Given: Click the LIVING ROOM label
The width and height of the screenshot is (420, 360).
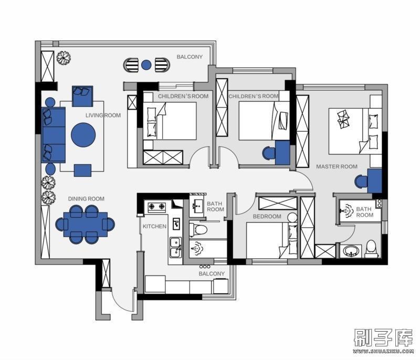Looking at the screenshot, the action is (x=103, y=115).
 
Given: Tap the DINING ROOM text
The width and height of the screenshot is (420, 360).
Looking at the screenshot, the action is (x=86, y=199).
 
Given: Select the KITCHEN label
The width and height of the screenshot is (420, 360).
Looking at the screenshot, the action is (x=154, y=226).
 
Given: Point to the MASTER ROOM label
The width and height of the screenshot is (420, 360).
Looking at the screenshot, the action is (x=337, y=166).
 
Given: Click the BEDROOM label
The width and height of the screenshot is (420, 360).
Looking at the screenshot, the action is (x=267, y=216).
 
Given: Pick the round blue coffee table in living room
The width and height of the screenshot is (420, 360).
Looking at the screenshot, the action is (x=83, y=135).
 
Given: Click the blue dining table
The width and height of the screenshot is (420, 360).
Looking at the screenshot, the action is (x=86, y=224).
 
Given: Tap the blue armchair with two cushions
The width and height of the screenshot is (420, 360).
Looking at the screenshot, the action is (x=82, y=96).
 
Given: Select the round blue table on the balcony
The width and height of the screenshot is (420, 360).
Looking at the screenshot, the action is (x=146, y=65).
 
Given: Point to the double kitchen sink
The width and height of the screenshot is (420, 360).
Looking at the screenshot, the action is (x=175, y=247).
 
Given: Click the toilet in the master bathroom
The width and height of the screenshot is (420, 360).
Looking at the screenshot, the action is (x=371, y=247).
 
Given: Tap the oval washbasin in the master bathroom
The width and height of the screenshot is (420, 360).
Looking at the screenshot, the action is (x=351, y=251).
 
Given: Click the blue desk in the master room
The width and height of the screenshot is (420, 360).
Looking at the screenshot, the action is (x=374, y=181).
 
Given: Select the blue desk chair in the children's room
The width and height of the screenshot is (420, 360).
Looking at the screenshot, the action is (x=269, y=153).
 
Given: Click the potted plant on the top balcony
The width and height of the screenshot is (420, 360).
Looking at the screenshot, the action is (x=64, y=58).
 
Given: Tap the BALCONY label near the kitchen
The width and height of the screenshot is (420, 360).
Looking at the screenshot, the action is (x=212, y=273).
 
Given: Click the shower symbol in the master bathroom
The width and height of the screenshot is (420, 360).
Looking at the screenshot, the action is (x=346, y=210).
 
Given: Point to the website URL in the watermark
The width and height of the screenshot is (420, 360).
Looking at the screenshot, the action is (x=383, y=351).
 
